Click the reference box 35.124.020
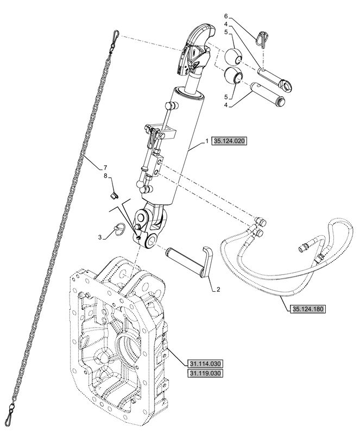[229, 141]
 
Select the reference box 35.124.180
[307, 309]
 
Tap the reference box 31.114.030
[205, 363]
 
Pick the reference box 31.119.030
[205, 373]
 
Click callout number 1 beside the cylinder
[207, 141]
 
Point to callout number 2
[218, 290]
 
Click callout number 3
[99, 237]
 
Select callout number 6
[226, 16]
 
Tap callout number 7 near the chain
[105, 167]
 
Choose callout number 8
[105, 176]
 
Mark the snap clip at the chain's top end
[115, 39]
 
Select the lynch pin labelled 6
[262, 39]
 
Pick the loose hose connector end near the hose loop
[304, 246]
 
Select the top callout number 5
[226, 33]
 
